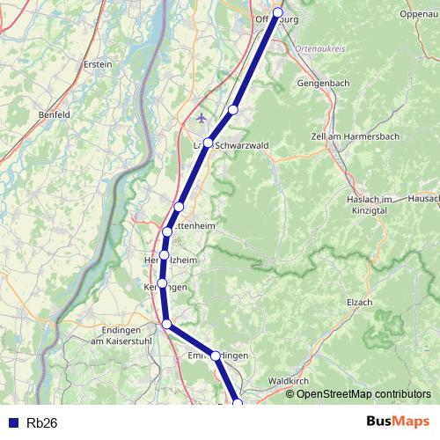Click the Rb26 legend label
[42, 423]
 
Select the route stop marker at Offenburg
[278, 12]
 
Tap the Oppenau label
[419, 14]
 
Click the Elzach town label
[360, 302]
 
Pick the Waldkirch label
[287, 380]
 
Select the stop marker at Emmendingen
[215, 356]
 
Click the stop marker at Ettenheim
[167, 232]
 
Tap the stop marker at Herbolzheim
[164, 255]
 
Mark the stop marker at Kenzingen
[162, 282]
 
